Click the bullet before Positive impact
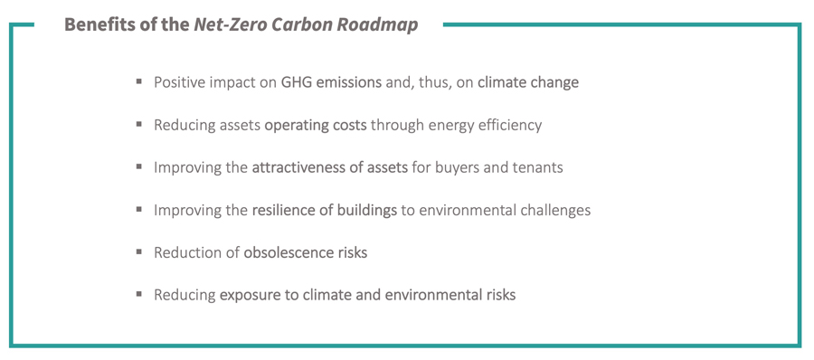pyautogui.click(x=139, y=81)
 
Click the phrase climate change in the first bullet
pyautogui.click(x=528, y=82)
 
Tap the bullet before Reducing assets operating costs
pyautogui.click(x=139, y=124)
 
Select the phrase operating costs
pyautogui.click(x=316, y=125)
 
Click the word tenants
pyautogui.click(x=535, y=167)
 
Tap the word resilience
pyautogui.click(x=285, y=210)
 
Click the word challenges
pyautogui.click(x=554, y=210)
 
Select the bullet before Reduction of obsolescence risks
pyautogui.click(x=139, y=251)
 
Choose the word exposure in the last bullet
pyautogui.click(x=250, y=295)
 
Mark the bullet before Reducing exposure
pyautogui.click(x=139, y=294)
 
